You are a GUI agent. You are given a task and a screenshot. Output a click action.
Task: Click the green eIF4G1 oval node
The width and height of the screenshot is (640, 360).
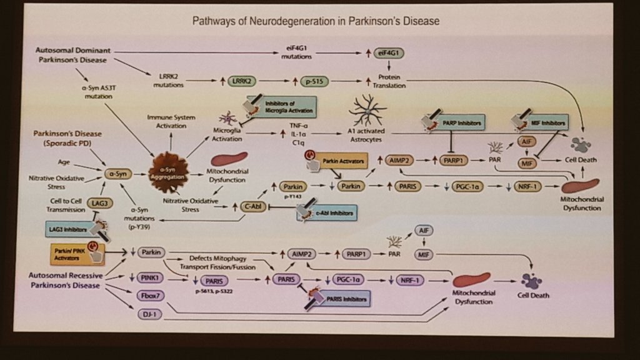point(389,54)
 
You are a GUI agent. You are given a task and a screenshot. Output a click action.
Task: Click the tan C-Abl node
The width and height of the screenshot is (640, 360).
point(251,206)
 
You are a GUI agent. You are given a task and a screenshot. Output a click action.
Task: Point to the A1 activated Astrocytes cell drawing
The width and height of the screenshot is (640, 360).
point(367,111)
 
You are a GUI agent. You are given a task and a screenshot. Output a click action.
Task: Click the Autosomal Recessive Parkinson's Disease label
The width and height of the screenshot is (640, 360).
point(64,280)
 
